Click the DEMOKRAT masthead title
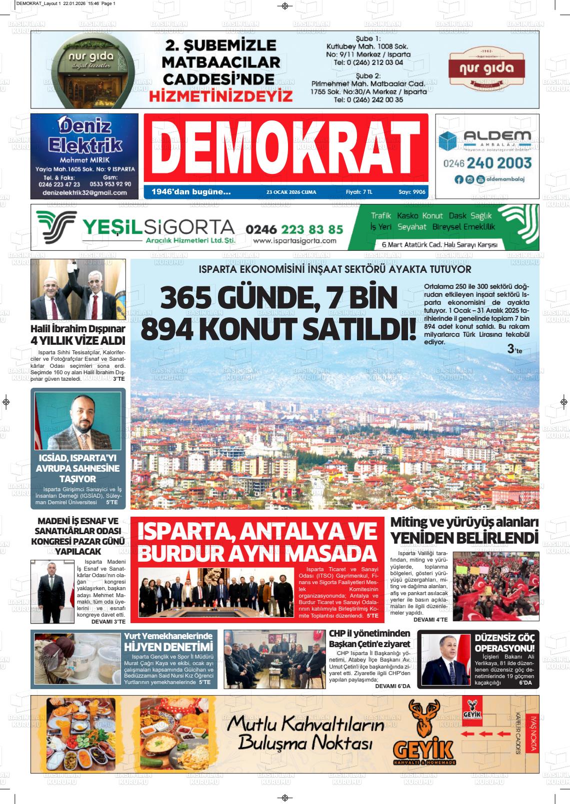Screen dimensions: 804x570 pos(285,148)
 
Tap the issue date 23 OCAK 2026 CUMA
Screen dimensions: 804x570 pos(291,192)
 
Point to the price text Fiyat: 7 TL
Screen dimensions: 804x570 pos(359,192)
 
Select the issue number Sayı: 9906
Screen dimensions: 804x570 pos(411,192)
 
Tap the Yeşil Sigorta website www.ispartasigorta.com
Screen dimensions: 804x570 pos(294,241)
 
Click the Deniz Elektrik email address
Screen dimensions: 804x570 pos(84,192)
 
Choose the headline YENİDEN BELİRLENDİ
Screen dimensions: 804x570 pos(464,538)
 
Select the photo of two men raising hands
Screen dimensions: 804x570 pos(78,289)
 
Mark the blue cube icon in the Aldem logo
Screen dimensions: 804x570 pos(448,141)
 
